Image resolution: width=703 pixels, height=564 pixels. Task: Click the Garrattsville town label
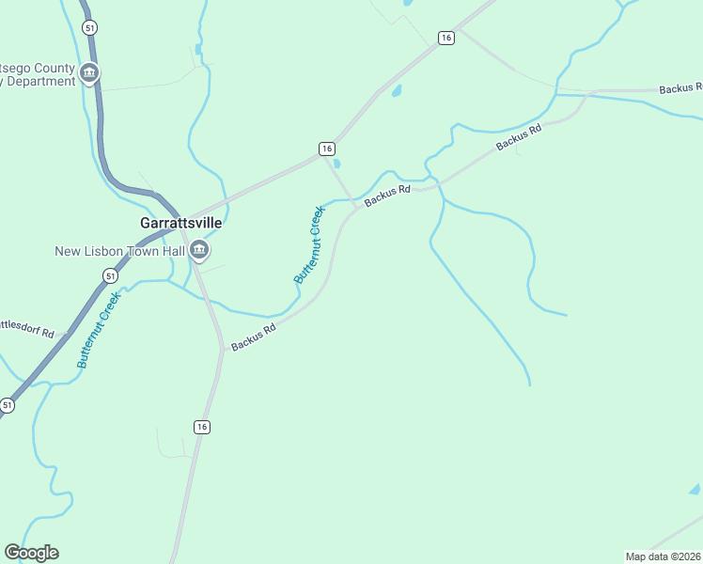tap(180, 224)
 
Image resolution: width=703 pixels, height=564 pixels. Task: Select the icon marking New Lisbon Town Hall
tap(199, 250)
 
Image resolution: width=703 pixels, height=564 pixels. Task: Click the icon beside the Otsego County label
tap(89, 71)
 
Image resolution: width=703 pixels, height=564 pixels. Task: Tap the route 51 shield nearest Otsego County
tap(89, 28)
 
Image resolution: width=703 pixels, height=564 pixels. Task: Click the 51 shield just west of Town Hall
tap(111, 275)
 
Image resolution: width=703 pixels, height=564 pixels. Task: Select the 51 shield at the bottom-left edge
tap(8, 405)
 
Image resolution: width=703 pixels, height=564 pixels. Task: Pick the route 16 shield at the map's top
tap(445, 38)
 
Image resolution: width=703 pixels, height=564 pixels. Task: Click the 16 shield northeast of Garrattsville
tap(326, 149)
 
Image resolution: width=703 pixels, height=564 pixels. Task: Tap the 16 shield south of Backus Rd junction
tap(202, 427)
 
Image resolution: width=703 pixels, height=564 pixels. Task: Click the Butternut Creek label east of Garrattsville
tap(308, 245)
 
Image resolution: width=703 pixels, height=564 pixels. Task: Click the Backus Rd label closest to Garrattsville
tap(253, 337)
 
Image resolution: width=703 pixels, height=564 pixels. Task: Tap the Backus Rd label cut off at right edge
tap(680, 88)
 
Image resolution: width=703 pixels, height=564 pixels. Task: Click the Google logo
tap(31, 553)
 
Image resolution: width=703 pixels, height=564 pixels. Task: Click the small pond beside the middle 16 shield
tap(337, 163)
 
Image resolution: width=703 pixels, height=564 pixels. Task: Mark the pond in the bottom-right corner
tap(695, 490)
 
